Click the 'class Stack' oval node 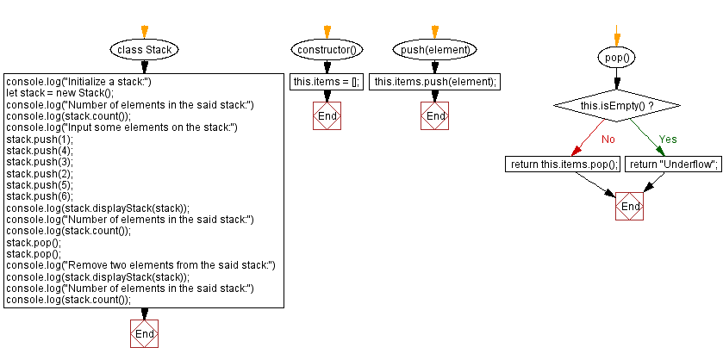tap(145, 50)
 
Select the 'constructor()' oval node tap(327, 50)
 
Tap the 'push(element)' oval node tap(436, 50)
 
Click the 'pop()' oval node tap(616, 58)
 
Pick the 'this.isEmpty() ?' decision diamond tap(616, 105)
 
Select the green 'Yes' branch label tap(668, 138)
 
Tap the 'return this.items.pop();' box tap(563, 164)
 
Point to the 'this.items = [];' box tap(327, 82)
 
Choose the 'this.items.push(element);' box tap(435, 82)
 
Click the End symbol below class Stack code tap(145, 333)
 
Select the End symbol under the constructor tap(327, 116)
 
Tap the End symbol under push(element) tap(436, 116)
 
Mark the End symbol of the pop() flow tap(630, 208)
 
